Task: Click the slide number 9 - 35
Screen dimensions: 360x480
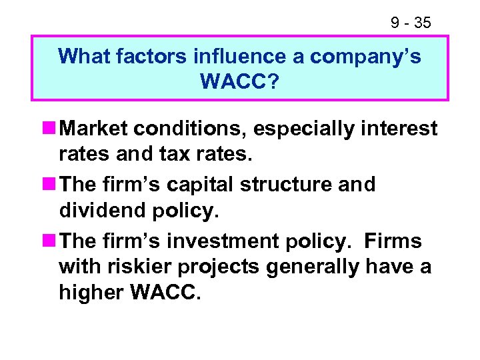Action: [x=410, y=23]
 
